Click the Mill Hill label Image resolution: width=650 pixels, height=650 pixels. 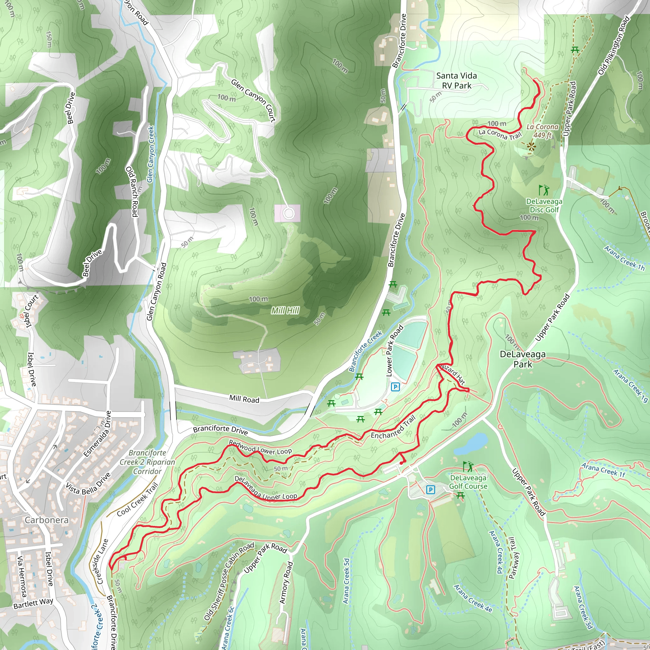tap(285, 310)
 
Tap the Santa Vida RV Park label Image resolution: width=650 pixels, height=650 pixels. tap(456, 81)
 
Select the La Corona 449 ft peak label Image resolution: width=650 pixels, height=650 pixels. tap(542, 131)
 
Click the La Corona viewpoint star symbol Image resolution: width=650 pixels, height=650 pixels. tap(531, 146)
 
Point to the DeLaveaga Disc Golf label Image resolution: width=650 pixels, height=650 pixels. tap(544, 206)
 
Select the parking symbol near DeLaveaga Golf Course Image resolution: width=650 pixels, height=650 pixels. tap(430, 489)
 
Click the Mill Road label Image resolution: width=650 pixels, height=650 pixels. tap(244, 399)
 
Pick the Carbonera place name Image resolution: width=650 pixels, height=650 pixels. tap(46, 520)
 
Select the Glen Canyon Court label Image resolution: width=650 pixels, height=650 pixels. tap(253, 100)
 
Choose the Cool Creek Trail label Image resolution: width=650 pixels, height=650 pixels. tap(137, 500)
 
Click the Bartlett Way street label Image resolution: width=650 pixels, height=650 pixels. tap(33, 603)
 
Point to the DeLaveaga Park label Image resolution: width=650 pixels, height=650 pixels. tap(522, 359)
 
